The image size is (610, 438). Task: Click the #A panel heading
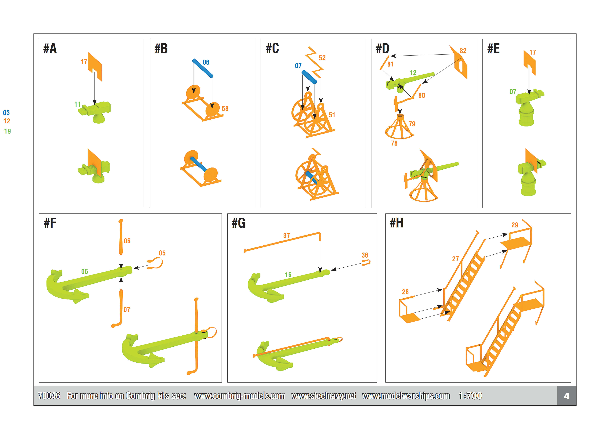point(50,49)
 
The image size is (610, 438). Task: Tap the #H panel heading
point(396,223)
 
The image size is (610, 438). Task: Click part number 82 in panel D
point(463,51)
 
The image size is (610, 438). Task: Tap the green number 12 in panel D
point(413,73)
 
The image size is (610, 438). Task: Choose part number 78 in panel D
point(394,143)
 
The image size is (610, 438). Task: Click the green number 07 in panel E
point(513,92)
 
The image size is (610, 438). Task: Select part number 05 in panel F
point(162,253)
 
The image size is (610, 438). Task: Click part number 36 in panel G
point(365,255)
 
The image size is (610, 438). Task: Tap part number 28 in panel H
point(405,292)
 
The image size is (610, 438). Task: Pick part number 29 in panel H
point(515,225)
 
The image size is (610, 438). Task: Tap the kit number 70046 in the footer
point(49,396)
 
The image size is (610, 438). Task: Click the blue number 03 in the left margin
point(6,113)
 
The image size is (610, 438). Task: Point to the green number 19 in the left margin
point(7,131)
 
